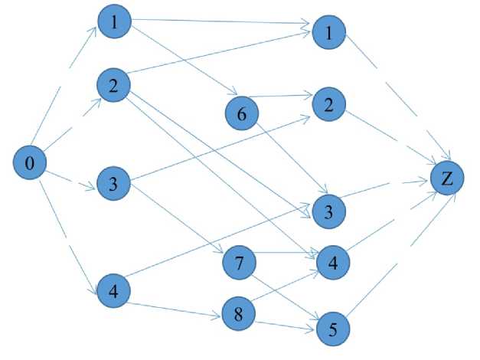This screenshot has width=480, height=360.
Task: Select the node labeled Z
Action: pyautogui.click(x=446, y=178)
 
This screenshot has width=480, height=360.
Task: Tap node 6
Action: pyautogui.click(x=243, y=114)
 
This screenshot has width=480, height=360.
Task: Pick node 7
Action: pyautogui.click(x=239, y=263)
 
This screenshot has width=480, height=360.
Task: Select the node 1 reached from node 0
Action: pyautogui.click(x=114, y=22)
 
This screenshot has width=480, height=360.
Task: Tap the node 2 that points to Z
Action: pyautogui.click(x=330, y=104)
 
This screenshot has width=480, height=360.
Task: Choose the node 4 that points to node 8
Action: pyautogui.click(x=113, y=292)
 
